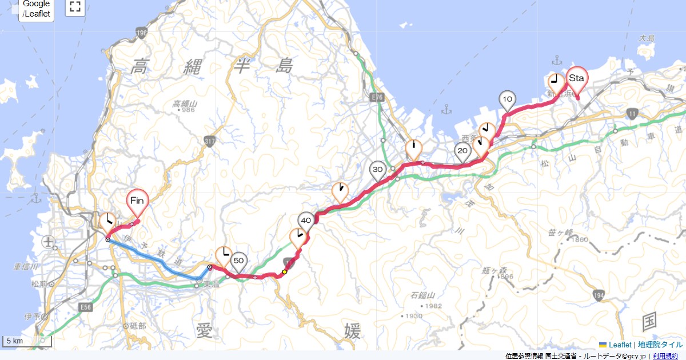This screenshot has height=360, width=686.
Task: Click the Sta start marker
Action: pyautogui.click(x=576, y=79)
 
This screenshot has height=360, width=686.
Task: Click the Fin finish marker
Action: pyautogui.click(x=137, y=201)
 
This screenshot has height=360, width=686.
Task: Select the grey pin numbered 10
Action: pyautogui.click(x=507, y=100)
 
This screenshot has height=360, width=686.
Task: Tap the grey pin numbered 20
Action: pyautogui.click(x=463, y=151)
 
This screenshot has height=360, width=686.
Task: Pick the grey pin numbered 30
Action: pyautogui.click(x=377, y=170)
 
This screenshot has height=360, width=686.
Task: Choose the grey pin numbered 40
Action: pyautogui.click(x=306, y=221)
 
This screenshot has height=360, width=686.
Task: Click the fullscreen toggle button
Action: pyautogui.click(x=75, y=7)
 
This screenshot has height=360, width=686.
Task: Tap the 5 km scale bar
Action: pyautogui.click(x=27, y=341)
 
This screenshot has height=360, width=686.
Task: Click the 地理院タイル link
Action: pyautogui.click(x=660, y=345)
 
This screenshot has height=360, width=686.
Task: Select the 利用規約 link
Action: pyautogui.click(x=665, y=356)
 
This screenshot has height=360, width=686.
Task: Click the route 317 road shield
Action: pyautogui.click(x=209, y=141)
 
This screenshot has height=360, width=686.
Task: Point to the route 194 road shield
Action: pyautogui.click(x=599, y=295)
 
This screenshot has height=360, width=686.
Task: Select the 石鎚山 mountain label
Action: pyautogui.click(x=423, y=295)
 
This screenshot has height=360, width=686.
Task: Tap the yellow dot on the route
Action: pyautogui.click(x=284, y=272)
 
